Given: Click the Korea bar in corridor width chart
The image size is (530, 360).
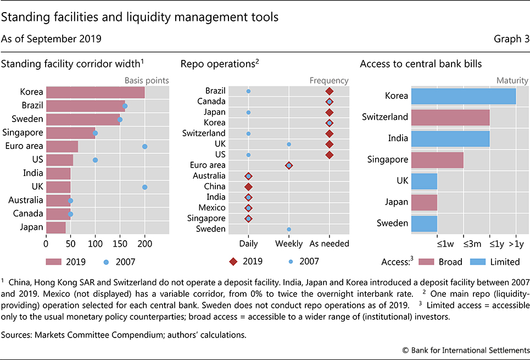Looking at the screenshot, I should point(95,92).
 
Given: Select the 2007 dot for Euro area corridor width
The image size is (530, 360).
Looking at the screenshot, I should point(144,146).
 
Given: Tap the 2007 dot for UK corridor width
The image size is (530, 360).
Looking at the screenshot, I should point(144,187).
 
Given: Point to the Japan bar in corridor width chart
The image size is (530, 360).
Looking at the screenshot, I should point(55,228).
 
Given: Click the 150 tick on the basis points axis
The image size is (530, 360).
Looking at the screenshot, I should point(120,243).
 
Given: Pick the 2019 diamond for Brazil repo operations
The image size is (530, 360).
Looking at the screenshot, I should point(329,91).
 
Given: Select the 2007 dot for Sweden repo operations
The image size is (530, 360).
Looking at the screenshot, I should point(289,229).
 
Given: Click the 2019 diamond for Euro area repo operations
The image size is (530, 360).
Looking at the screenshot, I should point(289,165).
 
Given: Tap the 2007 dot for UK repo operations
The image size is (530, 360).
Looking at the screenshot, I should point(289,144).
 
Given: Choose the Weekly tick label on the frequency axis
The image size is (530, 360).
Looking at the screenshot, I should point(289,243).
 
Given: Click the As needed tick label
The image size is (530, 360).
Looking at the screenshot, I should point(330,243).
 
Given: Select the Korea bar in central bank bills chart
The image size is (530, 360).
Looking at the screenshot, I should point(463,96).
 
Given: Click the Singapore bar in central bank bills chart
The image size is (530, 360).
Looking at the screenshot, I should point(437,160).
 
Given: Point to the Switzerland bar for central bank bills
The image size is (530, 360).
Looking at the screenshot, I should point(450,118).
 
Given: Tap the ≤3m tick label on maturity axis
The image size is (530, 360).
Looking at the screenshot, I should point(464,243).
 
